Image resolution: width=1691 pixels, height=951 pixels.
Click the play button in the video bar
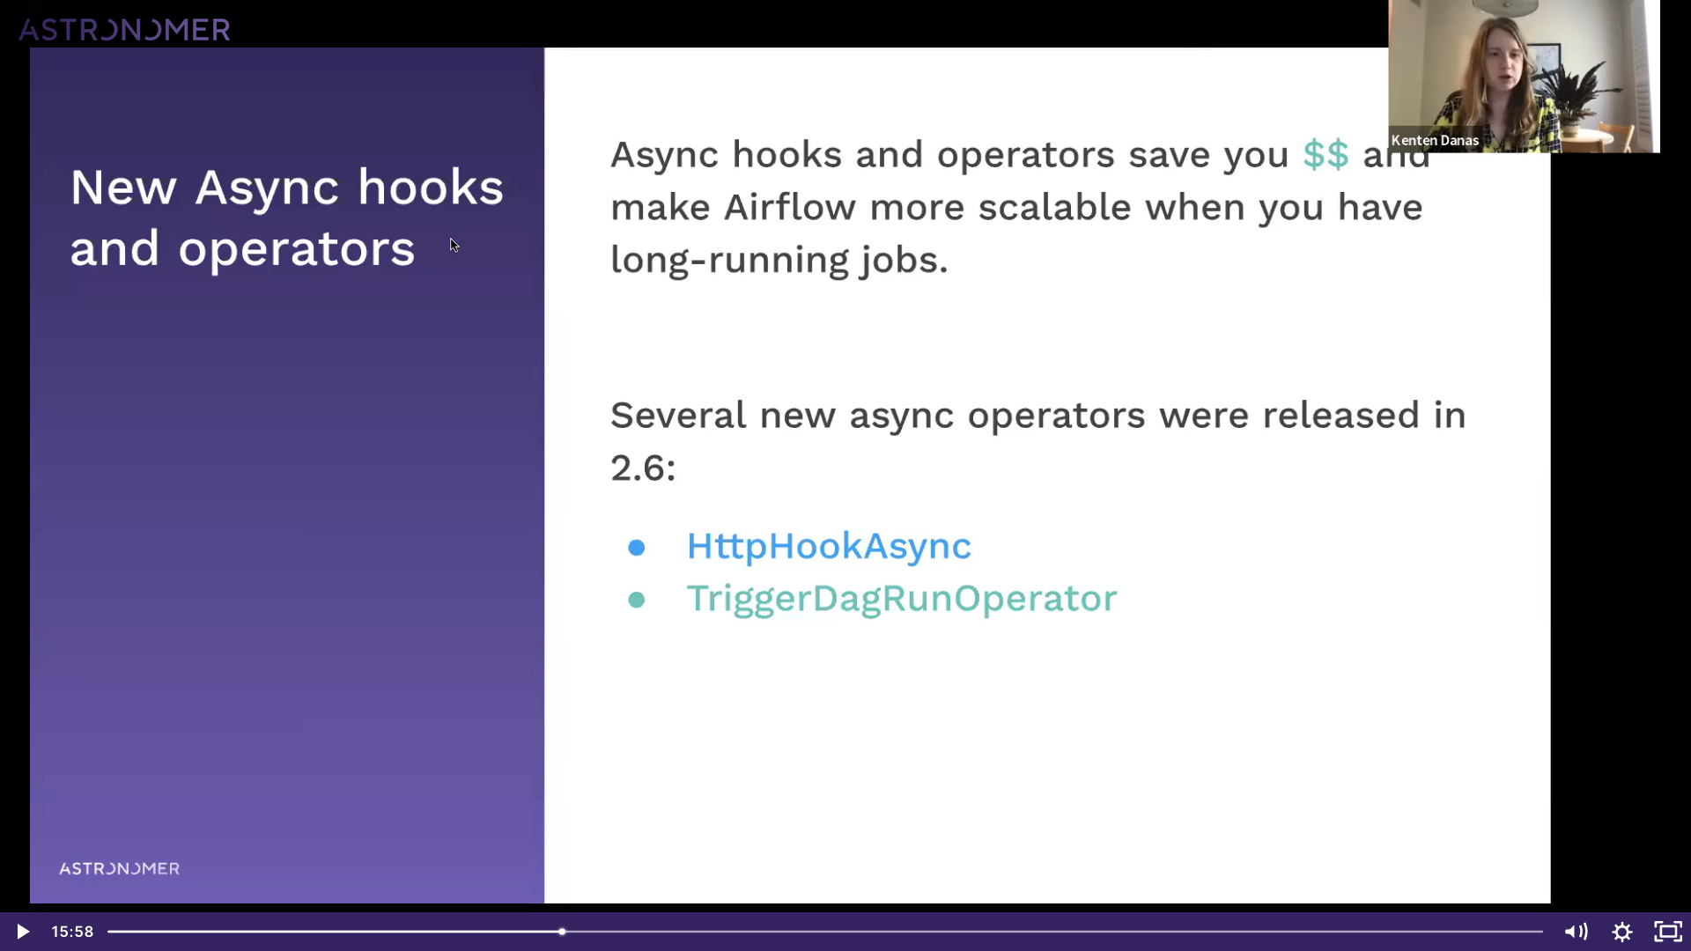click(23, 932)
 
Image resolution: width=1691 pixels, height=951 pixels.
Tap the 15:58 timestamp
click(72, 932)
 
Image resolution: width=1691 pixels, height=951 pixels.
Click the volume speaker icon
click(1576, 932)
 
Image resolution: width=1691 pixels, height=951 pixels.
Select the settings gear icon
click(1622, 932)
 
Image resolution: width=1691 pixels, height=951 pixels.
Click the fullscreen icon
click(1668, 932)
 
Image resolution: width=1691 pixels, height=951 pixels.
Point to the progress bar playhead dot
click(562, 932)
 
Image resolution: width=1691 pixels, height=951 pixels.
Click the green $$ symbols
click(1325, 155)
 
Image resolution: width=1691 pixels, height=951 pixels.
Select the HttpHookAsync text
click(829, 546)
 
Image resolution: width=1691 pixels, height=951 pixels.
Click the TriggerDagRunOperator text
click(902, 599)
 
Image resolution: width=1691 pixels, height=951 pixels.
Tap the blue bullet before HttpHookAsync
click(637, 548)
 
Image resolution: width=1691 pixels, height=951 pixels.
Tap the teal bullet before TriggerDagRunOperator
click(637, 601)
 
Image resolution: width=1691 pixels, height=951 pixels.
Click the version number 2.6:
click(643, 468)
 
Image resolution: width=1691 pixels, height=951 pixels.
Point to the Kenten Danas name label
click(1435, 140)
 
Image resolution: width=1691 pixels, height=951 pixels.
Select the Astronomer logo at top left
click(124, 30)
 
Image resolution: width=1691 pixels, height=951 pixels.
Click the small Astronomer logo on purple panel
click(119, 869)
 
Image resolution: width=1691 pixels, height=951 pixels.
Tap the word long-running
click(728, 261)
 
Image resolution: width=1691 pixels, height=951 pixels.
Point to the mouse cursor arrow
click(454, 245)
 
